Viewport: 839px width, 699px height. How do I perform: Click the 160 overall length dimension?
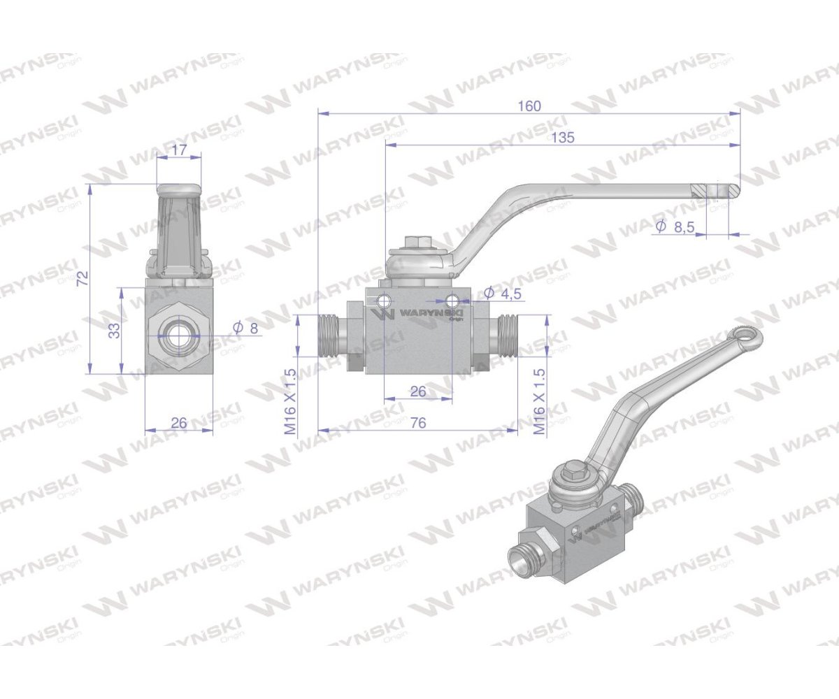(529, 106)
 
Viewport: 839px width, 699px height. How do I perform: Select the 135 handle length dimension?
(562, 138)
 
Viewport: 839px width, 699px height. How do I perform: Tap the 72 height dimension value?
(82, 278)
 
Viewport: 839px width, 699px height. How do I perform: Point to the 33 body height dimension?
(115, 330)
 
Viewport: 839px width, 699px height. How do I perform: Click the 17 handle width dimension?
(179, 150)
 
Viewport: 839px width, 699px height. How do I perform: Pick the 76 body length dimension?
(418, 422)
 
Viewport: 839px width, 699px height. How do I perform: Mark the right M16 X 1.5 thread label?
(539, 402)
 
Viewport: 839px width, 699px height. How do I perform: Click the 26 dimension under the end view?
(179, 422)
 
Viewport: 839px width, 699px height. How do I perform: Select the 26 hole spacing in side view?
(418, 391)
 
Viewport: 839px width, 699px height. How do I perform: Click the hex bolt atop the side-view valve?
(412, 243)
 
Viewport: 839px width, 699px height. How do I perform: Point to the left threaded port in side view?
(328, 336)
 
